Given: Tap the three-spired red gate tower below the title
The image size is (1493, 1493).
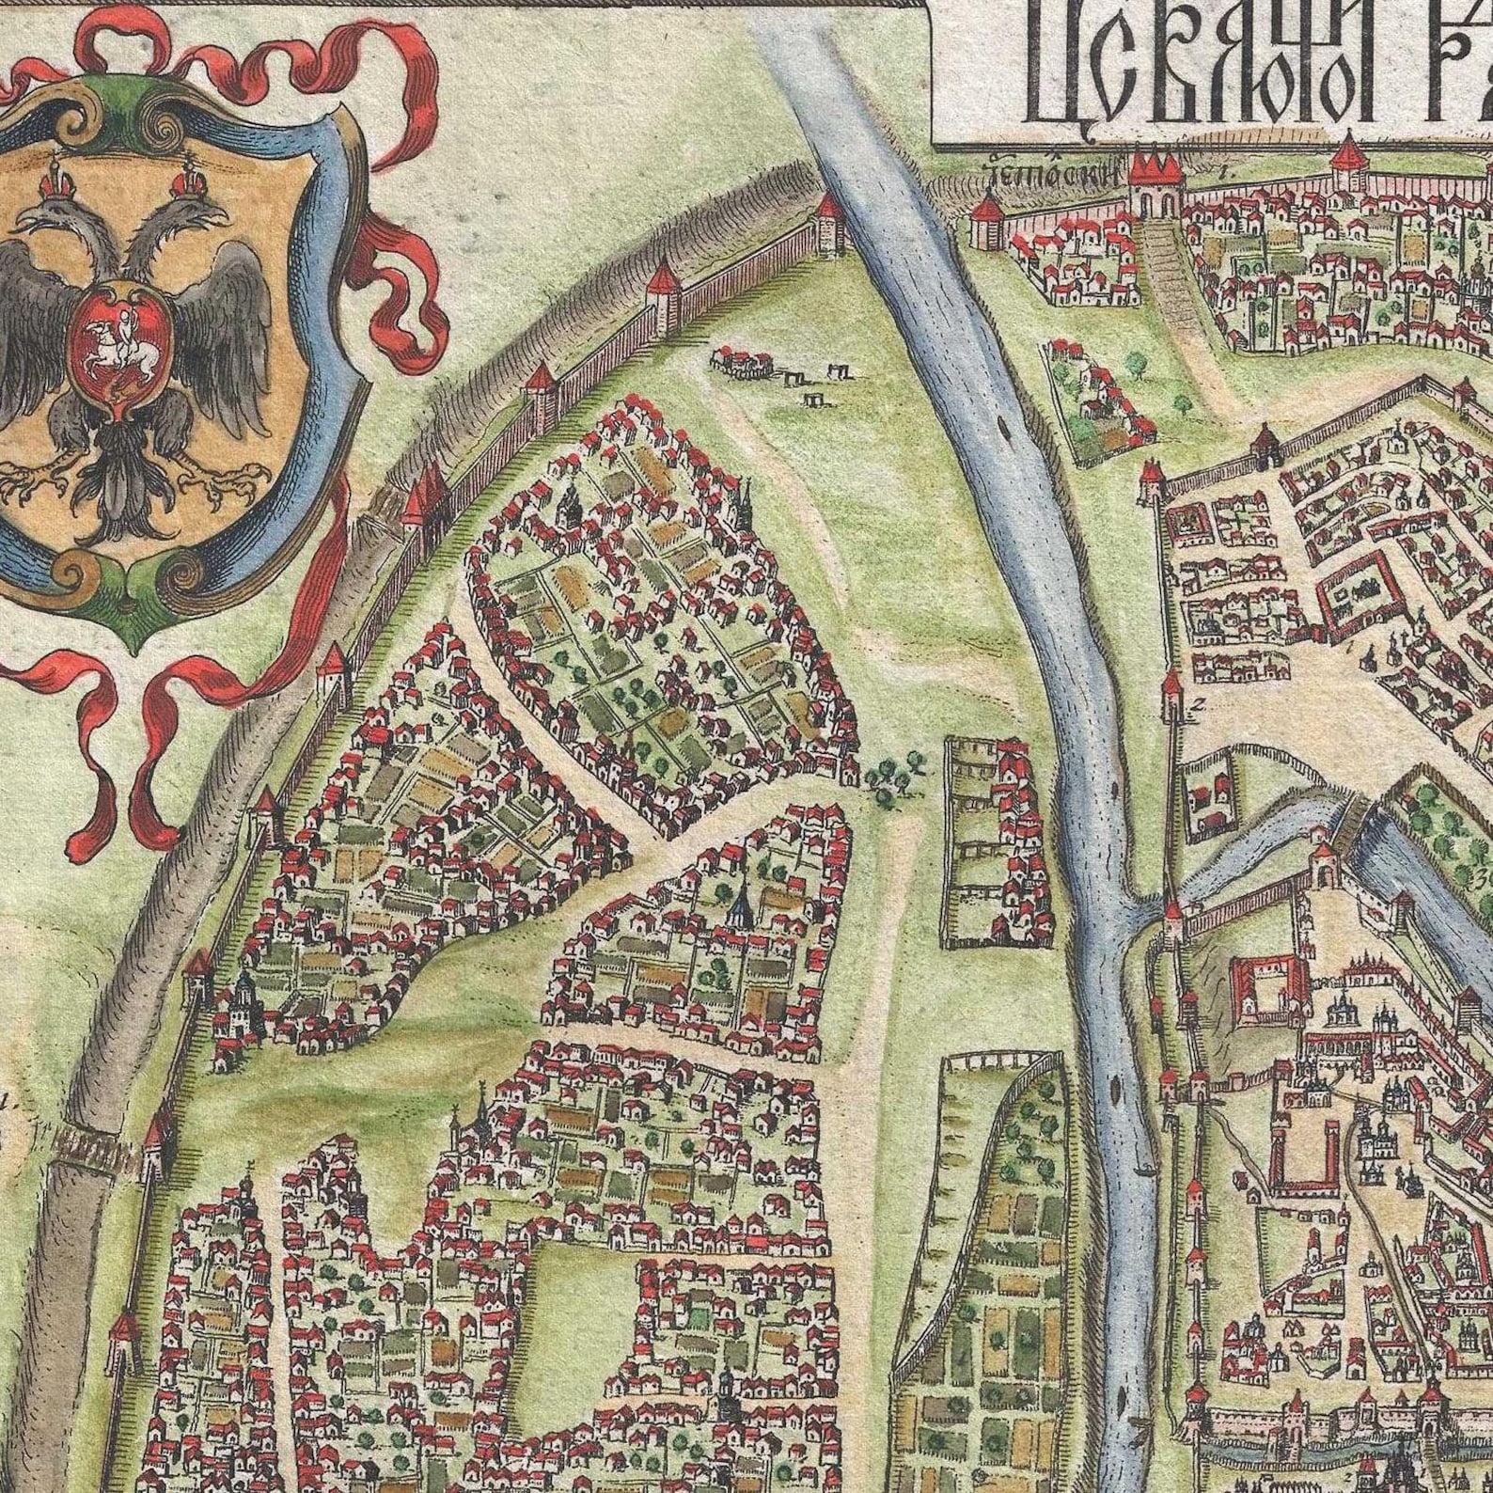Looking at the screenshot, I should tap(1155, 184).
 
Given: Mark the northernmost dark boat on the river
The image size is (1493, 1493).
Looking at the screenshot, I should tap(1008, 434).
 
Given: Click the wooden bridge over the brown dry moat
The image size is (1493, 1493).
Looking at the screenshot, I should tap(89, 1144).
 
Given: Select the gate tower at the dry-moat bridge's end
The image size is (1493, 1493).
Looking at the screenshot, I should tap(156, 1141).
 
